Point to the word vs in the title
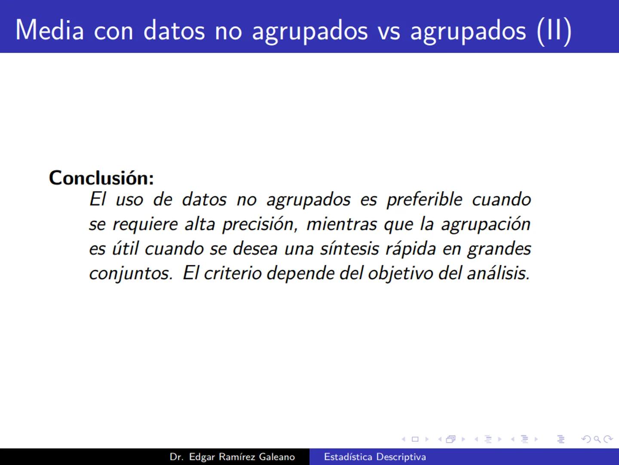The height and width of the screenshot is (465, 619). (389, 31)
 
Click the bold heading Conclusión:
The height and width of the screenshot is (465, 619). (101, 178)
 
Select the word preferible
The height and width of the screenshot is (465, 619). (424, 200)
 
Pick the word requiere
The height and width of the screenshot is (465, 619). (145, 224)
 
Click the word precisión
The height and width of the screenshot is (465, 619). (259, 224)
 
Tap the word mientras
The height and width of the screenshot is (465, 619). (341, 224)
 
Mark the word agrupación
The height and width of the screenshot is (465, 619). (486, 224)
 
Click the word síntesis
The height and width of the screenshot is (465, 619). (349, 249)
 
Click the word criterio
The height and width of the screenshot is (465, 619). (232, 273)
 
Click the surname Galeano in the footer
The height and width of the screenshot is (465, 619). (277, 457)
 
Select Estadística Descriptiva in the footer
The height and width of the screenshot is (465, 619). (375, 457)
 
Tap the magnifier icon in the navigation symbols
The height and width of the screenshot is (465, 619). (597, 439)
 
